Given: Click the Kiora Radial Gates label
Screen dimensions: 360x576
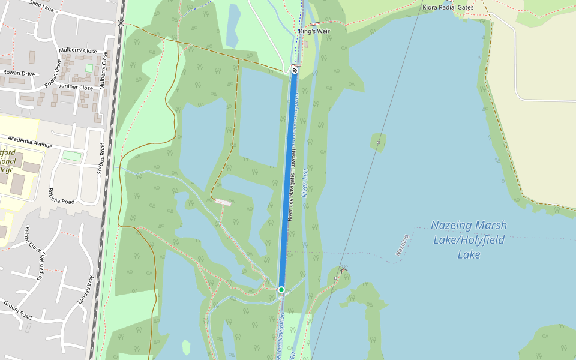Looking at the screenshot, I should click(x=448, y=7).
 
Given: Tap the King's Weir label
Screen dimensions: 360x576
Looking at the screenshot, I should click(x=315, y=31).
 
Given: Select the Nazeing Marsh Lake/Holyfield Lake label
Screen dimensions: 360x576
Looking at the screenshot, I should click(x=469, y=239).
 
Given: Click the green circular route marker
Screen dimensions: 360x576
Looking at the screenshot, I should click(x=281, y=290).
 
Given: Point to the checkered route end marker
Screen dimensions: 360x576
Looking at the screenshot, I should click(x=295, y=70).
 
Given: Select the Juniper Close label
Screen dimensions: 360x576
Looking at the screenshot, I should click(x=76, y=88).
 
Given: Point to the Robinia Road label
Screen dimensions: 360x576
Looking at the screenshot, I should click(x=61, y=196).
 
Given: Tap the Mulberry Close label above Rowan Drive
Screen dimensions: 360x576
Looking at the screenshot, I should click(x=78, y=50).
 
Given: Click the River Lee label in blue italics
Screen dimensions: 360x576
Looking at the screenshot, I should click(x=305, y=183).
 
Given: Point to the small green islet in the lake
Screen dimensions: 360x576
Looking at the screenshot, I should click(x=378, y=142).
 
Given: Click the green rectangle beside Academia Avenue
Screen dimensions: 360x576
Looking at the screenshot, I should click(x=72, y=156).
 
